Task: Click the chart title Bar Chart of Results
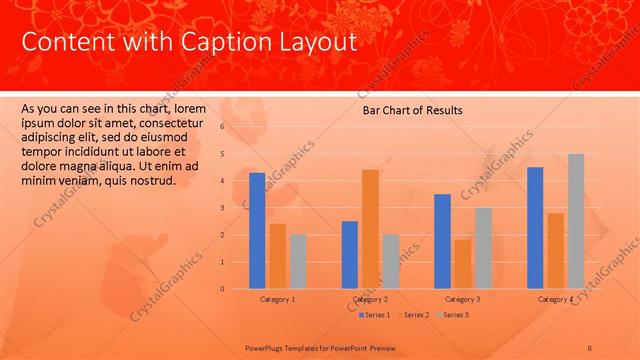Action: pyautogui.click(x=412, y=111)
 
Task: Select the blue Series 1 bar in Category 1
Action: pyautogui.click(x=257, y=230)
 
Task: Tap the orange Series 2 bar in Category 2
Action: pyautogui.click(x=370, y=229)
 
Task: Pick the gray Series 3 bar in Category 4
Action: pyautogui.click(x=576, y=221)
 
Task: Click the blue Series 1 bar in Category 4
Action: pyautogui.click(x=535, y=228)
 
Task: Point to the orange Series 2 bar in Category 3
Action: pyautogui.click(x=462, y=264)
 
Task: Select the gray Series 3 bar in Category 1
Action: pyautogui.click(x=298, y=261)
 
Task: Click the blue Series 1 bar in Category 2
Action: pyautogui.click(x=349, y=254)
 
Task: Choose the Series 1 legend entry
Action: pyautogui.click(x=375, y=315)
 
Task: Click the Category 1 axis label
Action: pyautogui.click(x=277, y=299)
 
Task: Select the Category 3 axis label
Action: pyautogui.click(x=462, y=299)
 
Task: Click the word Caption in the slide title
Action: pyautogui.click(x=221, y=42)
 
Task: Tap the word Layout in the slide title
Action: pyautogui.click(x=312, y=42)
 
